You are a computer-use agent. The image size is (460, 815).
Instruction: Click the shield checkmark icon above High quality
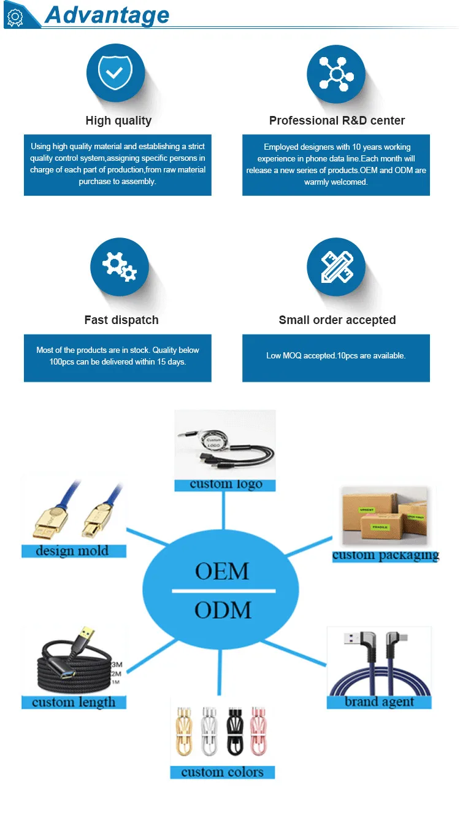point(115,73)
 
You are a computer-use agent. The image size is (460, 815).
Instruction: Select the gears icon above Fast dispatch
point(119,267)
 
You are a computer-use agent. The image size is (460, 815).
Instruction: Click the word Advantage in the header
point(107,15)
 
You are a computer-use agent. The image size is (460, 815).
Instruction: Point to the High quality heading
point(118,120)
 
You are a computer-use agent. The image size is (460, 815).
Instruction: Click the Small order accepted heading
point(337,320)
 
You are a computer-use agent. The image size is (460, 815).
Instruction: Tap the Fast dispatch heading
point(121,320)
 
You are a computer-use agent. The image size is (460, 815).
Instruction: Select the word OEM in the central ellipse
point(222,571)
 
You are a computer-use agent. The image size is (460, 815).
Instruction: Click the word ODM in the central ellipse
point(223,610)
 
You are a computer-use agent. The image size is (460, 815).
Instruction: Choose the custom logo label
point(226,484)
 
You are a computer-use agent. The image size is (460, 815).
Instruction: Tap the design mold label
point(72,550)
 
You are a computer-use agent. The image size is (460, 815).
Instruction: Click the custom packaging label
point(386,555)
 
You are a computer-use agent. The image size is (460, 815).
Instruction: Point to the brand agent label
point(379,702)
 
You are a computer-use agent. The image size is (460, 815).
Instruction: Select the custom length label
point(74,702)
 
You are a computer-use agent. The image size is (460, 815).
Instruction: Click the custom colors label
point(222,772)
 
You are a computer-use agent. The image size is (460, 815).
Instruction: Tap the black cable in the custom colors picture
point(234,732)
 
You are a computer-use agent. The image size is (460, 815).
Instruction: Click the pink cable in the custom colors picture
point(258,732)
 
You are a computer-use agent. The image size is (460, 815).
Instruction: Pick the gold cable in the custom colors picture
point(185,732)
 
